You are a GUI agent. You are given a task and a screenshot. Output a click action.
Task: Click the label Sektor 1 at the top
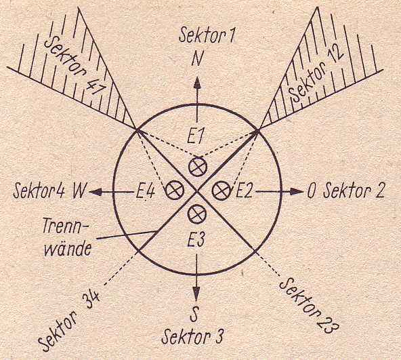click(207, 35)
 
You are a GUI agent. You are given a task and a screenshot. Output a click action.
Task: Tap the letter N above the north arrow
click(197, 59)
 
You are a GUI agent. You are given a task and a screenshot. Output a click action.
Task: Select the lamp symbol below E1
click(198, 167)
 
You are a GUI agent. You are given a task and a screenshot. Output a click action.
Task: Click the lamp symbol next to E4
click(175, 190)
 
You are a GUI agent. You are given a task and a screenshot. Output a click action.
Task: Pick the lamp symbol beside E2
click(221, 191)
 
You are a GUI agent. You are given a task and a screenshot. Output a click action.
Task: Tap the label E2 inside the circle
click(244, 191)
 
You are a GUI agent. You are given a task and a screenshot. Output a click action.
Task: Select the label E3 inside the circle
click(196, 240)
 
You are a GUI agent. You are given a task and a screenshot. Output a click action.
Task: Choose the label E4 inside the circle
click(145, 191)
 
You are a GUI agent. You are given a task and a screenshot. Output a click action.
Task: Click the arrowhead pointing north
click(197, 83)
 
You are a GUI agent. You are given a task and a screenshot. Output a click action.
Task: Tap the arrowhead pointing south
click(196, 294)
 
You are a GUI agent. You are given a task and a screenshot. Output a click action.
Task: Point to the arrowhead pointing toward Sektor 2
click(295, 191)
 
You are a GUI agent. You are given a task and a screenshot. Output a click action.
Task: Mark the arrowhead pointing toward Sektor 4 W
click(96, 191)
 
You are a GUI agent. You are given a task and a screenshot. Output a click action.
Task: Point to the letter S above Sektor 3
click(194, 316)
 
